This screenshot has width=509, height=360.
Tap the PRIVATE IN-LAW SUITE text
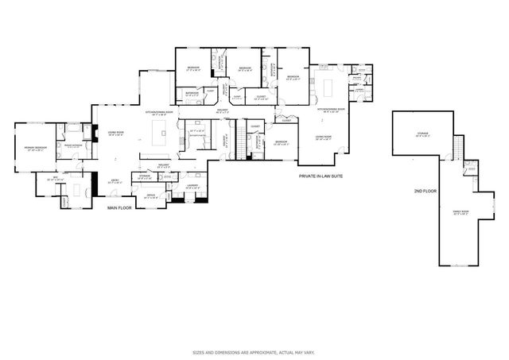point(321,176)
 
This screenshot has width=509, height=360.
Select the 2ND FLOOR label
point(424,192)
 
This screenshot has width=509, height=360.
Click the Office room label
point(150,195)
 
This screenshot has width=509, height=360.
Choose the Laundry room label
point(192,187)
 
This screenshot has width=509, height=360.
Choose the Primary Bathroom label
point(74,146)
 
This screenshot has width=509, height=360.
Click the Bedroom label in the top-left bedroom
point(193,68)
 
